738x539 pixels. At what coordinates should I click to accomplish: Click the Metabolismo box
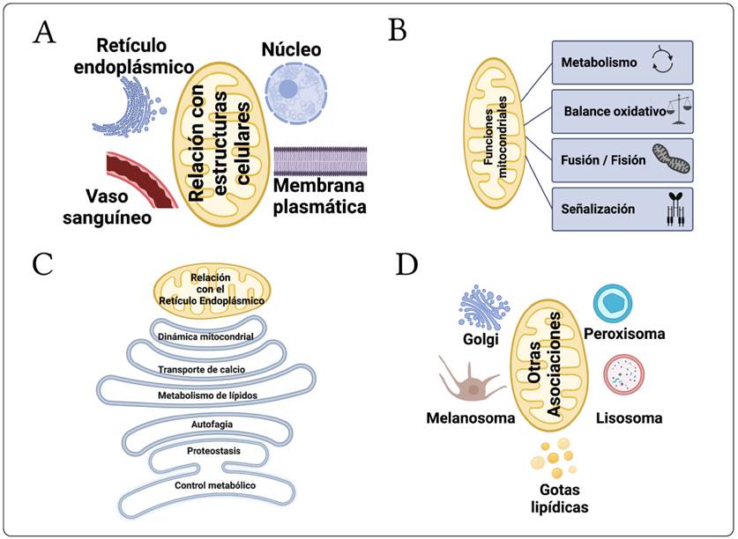point(622,63)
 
